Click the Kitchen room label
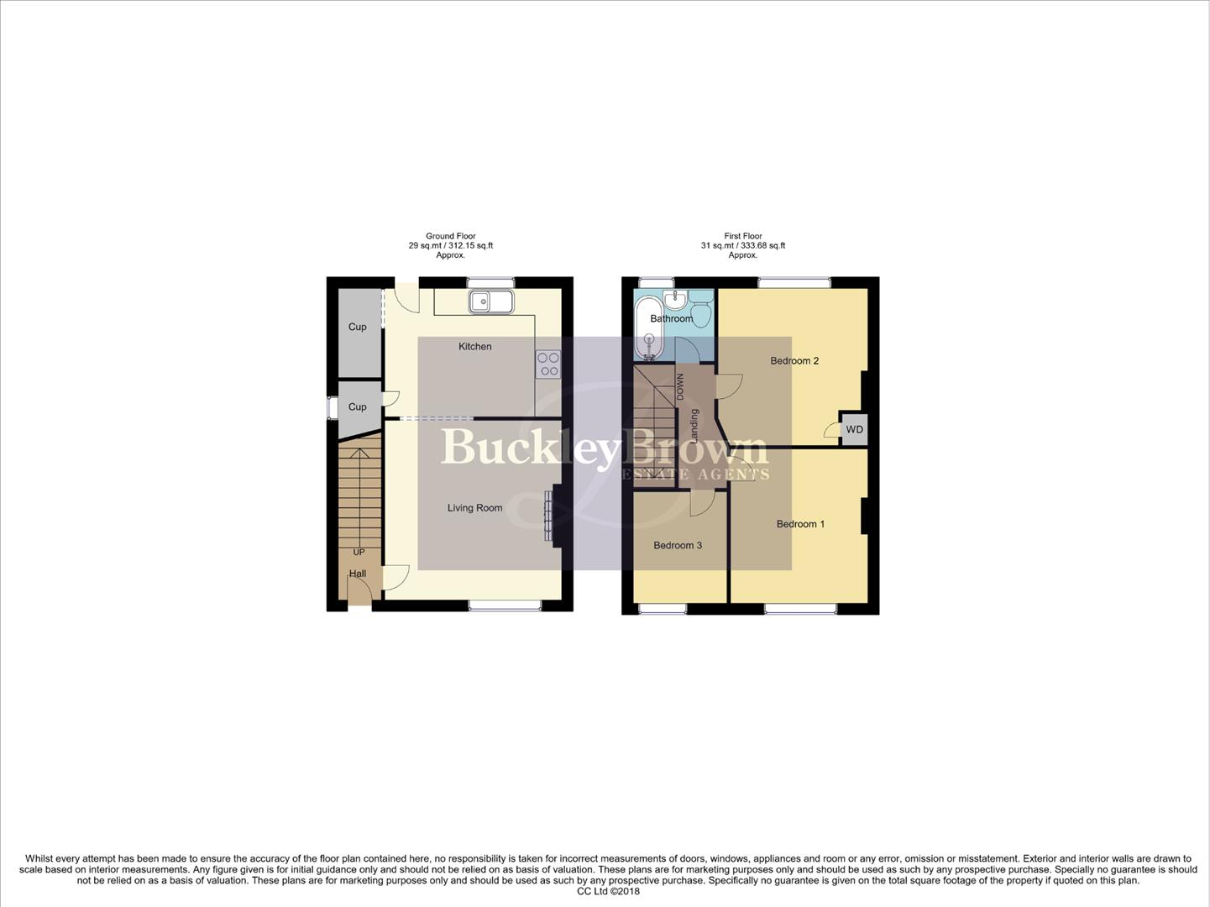pos(474,347)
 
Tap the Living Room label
pos(474,508)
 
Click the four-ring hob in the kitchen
pos(548,364)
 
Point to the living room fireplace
pos(550,515)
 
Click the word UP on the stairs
pos(359,553)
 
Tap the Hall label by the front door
pos(358,574)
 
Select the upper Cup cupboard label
pos(358,328)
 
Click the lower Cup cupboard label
pos(358,407)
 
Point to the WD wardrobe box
pos(854,430)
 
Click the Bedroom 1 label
pos(800,524)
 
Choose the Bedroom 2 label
pos(794,361)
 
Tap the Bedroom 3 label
pos(678,546)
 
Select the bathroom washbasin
pos(676,300)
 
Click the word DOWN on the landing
pos(681,387)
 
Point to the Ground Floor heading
pos(451,237)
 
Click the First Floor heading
pos(743,237)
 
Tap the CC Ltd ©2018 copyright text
pos(608,892)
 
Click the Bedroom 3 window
pos(663,608)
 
